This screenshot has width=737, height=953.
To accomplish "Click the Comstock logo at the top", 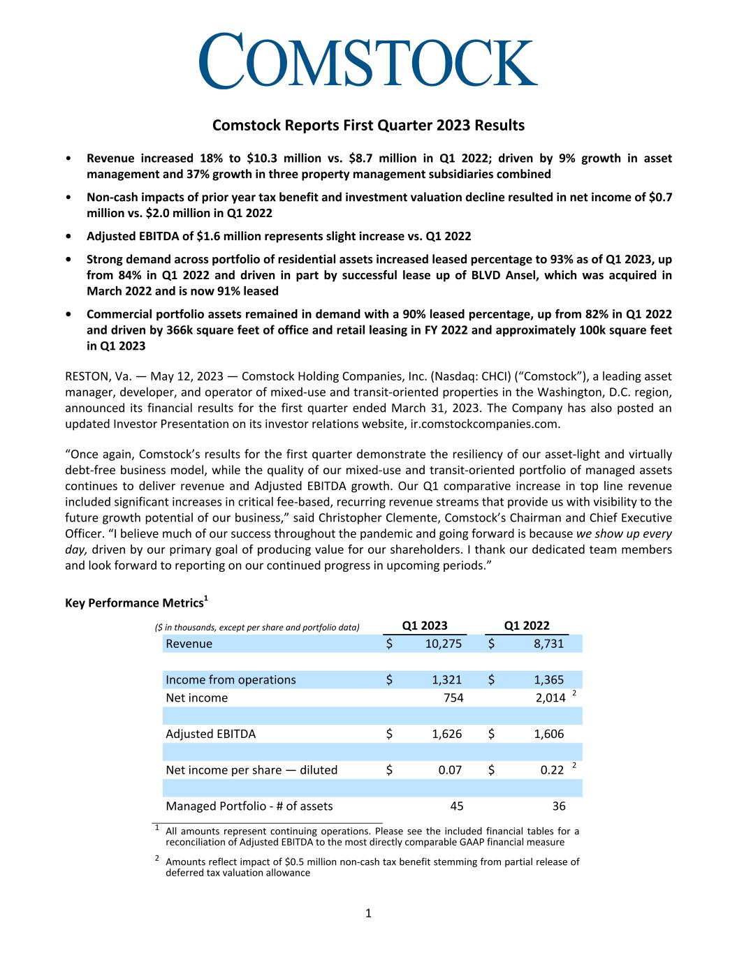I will click(x=368, y=61).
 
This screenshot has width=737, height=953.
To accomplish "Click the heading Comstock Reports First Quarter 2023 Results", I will click(x=368, y=126).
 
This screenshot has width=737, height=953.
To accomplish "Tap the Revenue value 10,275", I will click(x=444, y=644).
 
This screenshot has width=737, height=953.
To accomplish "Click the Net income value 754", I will click(x=453, y=697).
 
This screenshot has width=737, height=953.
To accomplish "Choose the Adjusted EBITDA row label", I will click(x=210, y=734).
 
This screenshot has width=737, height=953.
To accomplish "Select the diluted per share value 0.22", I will click(x=552, y=770).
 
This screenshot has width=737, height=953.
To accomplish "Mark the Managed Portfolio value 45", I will click(x=456, y=806).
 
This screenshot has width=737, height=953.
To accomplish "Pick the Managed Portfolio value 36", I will click(x=558, y=806).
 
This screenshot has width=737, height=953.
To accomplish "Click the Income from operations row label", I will click(x=231, y=680).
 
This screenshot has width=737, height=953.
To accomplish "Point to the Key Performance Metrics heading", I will click(x=137, y=602).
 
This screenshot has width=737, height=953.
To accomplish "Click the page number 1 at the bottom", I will click(x=369, y=913).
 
